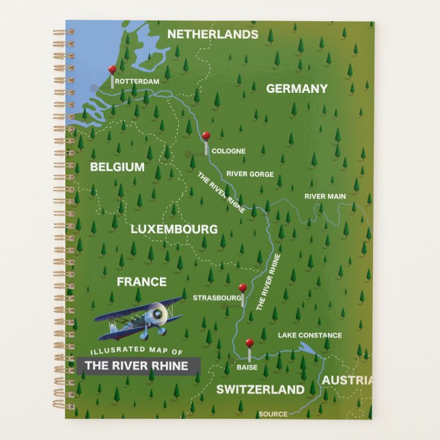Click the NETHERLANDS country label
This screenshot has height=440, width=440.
pyautogui.click(x=212, y=34)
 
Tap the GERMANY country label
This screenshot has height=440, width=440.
pyautogui.click(x=297, y=89)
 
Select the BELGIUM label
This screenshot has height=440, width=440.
pyautogui.click(x=117, y=167)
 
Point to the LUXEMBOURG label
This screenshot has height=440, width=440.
pyautogui.click(x=174, y=230)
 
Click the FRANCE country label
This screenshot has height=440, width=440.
pyautogui.click(x=141, y=281)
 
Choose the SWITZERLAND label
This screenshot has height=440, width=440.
pyautogui.click(x=260, y=389)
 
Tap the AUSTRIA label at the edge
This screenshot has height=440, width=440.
pyautogui.click(x=347, y=381)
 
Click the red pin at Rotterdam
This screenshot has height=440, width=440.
pyautogui.click(x=113, y=70)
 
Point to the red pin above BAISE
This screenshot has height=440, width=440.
pyautogui.click(x=249, y=342)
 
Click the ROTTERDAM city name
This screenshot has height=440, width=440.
pyautogui.click(x=137, y=82)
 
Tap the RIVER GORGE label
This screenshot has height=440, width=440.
pyautogui.click(x=250, y=174)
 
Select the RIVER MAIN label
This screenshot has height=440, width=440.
pyautogui.click(x=325, y=197)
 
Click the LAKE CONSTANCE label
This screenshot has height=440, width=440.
pyautogui.click(x=310, y=335)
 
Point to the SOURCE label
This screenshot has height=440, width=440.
pyautogui.click(x=273, y=414)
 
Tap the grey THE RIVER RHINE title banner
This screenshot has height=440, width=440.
pyautogui.click(x=139, y=366)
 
